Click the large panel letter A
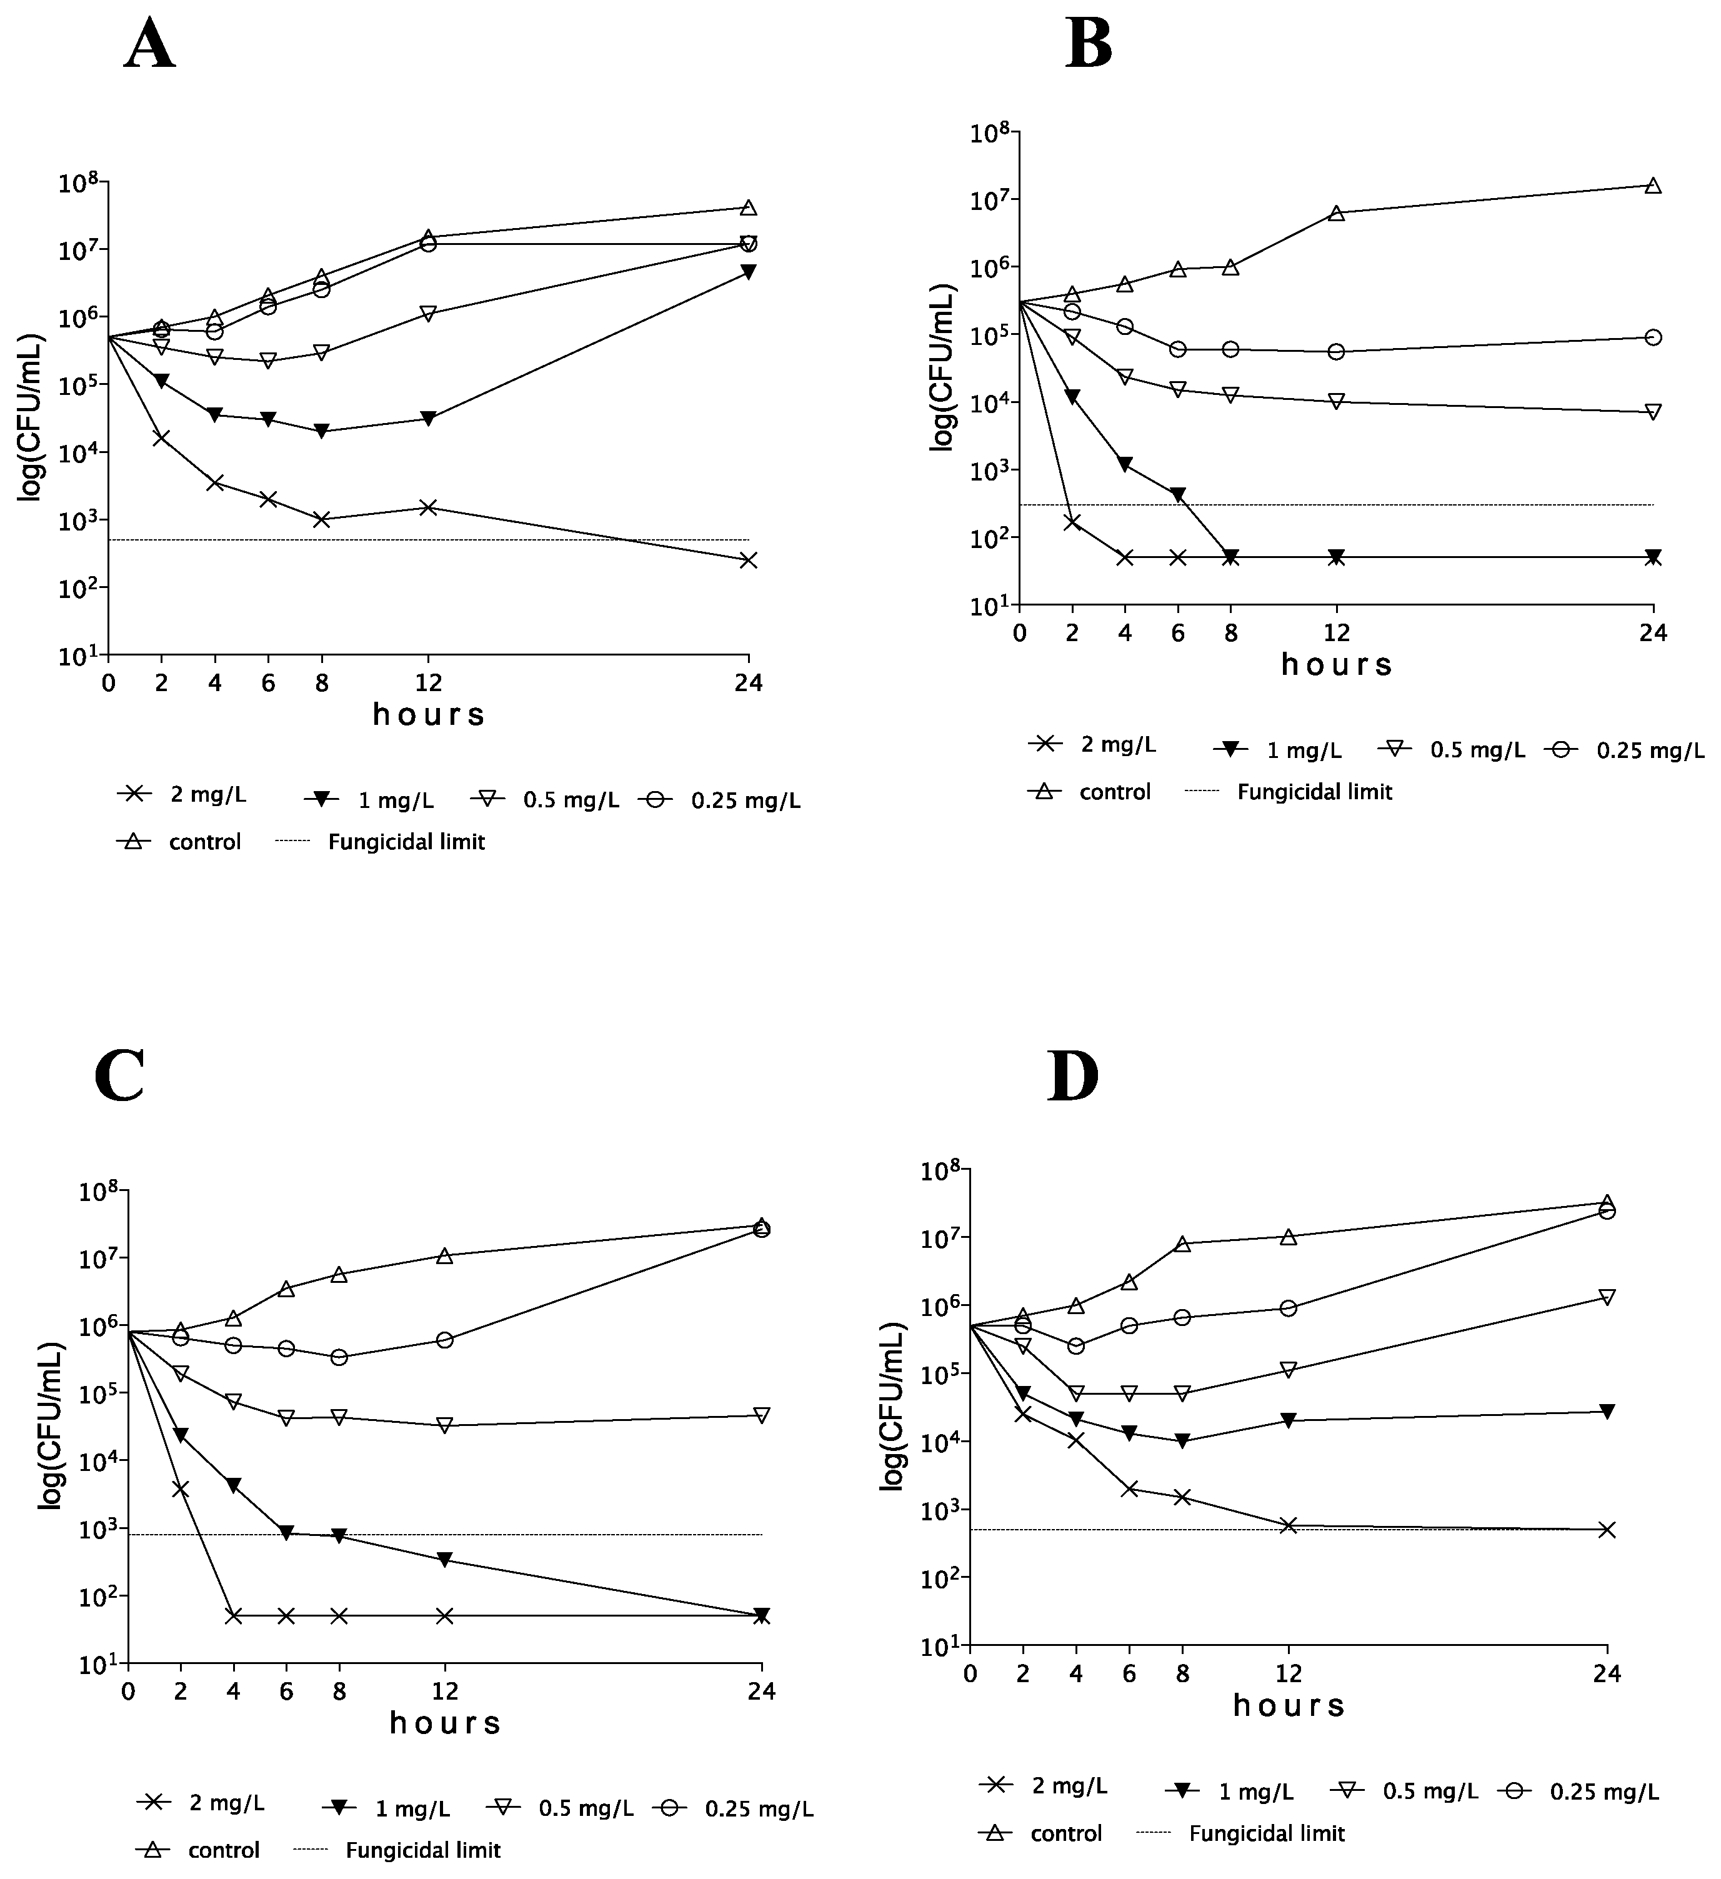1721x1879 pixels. point(149,45)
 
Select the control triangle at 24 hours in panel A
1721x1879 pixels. point(747,207)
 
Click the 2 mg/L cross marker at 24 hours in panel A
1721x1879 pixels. point(747,560)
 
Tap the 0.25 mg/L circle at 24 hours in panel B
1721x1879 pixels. point(1653,337)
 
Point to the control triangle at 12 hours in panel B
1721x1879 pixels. point(1336,212)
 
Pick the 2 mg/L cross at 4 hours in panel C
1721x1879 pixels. point(233,1615)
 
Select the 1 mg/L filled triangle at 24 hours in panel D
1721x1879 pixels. point(1606,1411)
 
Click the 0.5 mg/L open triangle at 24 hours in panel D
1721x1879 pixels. point(1606,1297)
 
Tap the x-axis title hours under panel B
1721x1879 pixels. point(1336,664)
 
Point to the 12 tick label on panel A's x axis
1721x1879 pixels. point(428,683)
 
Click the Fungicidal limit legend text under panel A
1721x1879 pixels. point(406,842)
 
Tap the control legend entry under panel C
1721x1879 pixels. point(224,1850)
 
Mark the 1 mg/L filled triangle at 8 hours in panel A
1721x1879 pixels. point(322,431)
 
